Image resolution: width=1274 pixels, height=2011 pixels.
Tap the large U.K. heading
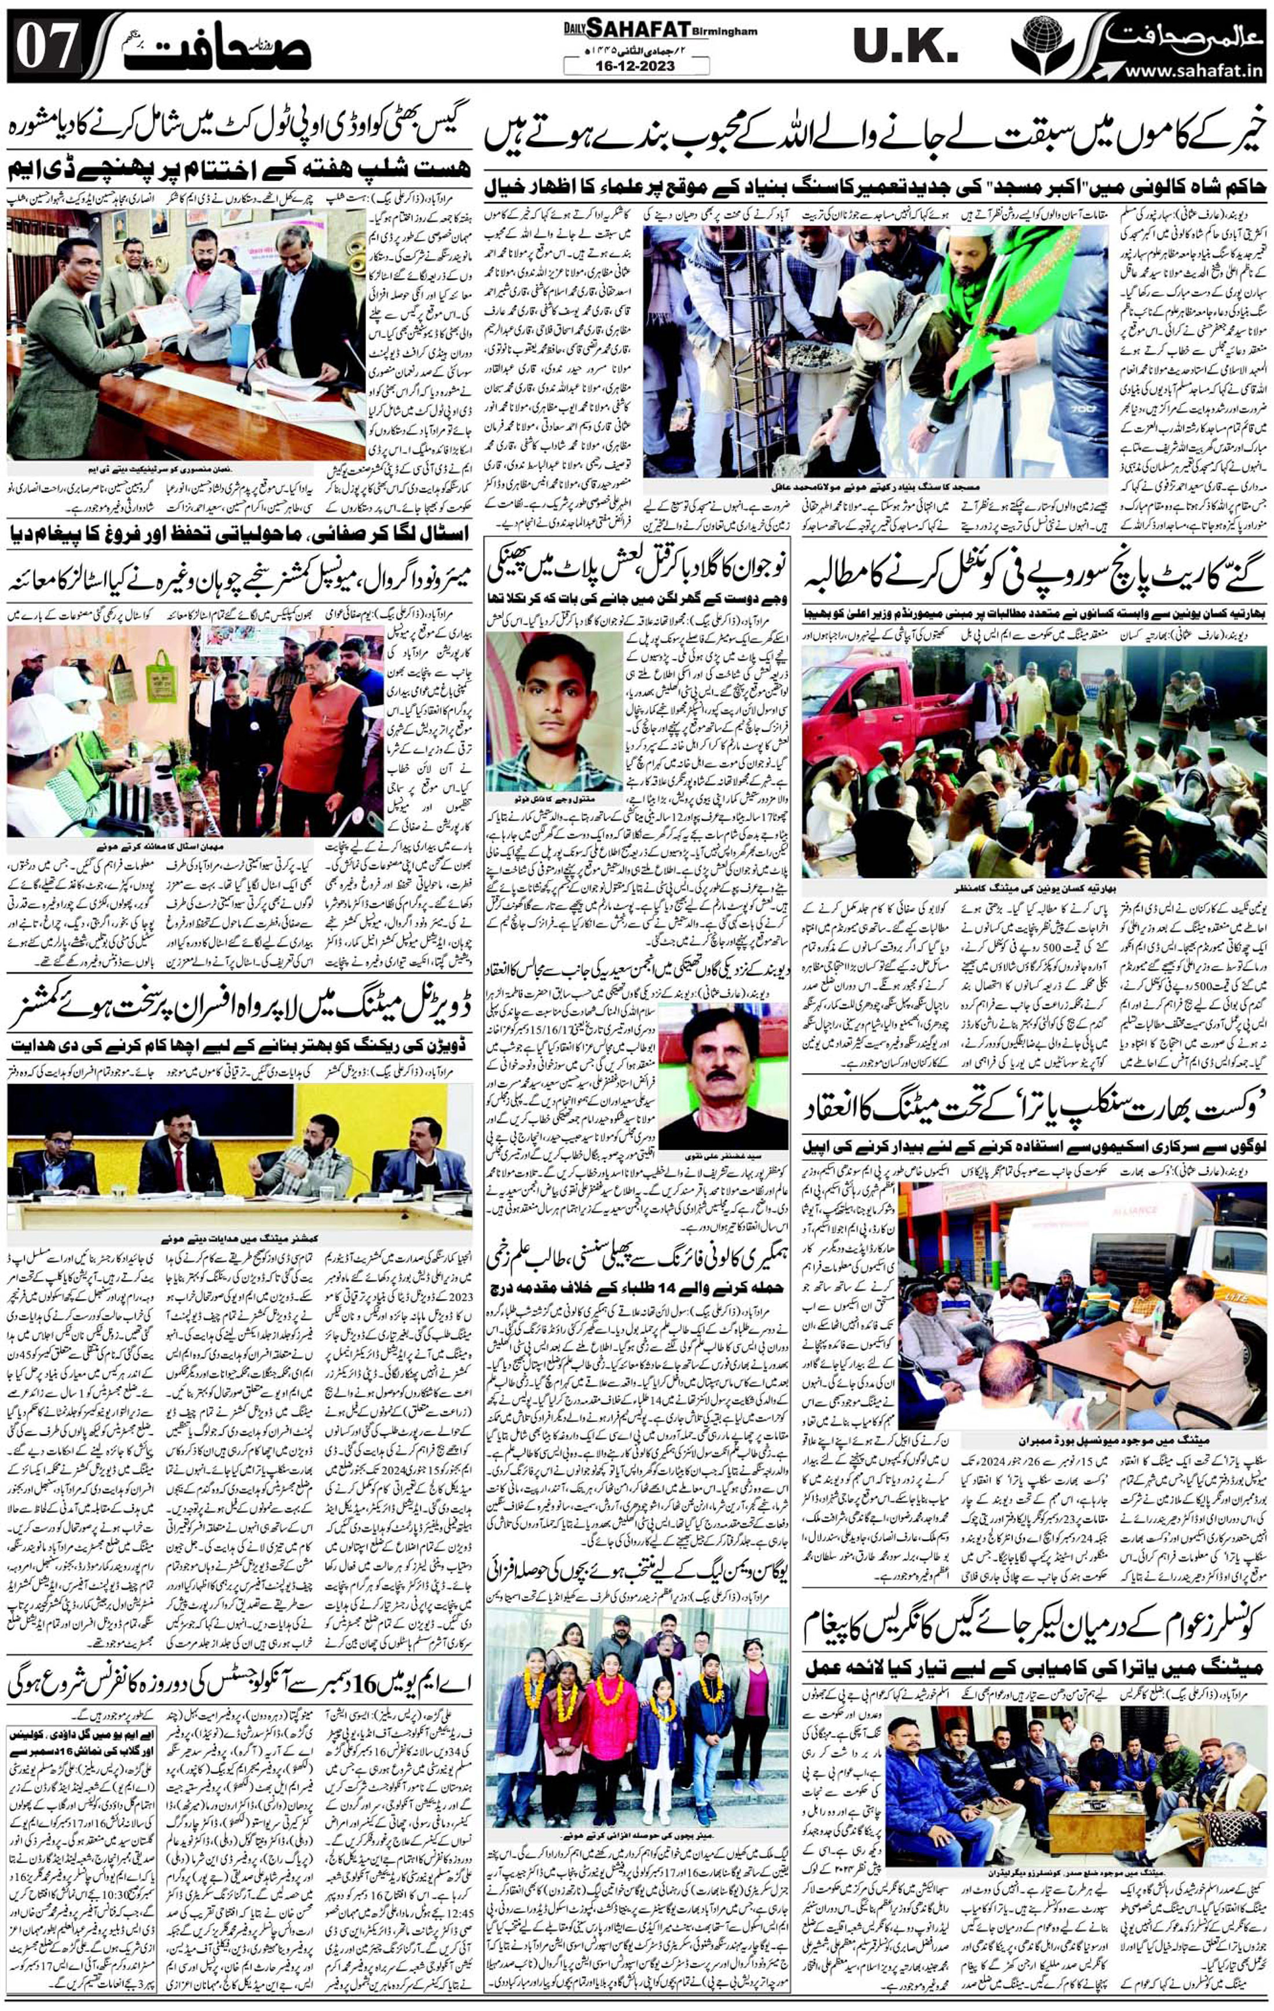tap(905, 51)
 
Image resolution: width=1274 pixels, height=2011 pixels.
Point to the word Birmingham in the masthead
tap(723, 32)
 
